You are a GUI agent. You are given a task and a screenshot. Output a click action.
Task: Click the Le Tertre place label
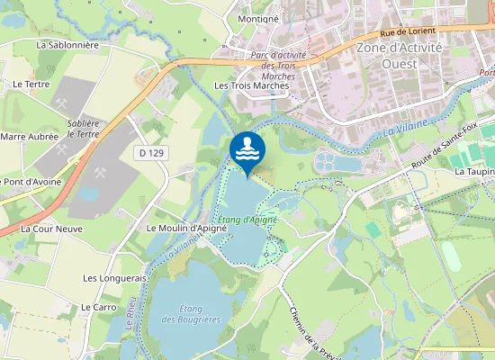coord(31,84)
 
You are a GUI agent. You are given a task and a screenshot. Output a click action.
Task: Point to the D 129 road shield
coord(151,154)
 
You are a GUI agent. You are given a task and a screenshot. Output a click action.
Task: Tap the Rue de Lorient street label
coord(407,31)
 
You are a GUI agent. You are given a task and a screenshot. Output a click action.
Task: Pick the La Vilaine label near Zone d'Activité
coord(403,129)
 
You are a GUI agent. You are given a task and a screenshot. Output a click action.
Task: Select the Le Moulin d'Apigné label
coord(186,229)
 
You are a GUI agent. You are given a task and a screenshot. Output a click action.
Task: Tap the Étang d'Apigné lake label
coord(247,220)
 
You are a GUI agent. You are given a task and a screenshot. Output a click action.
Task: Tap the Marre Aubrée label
coord(23,137)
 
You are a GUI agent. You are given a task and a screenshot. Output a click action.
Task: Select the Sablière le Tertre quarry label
coord(83,128)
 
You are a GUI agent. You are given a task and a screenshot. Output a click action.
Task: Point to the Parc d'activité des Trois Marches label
coord(278,66)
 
